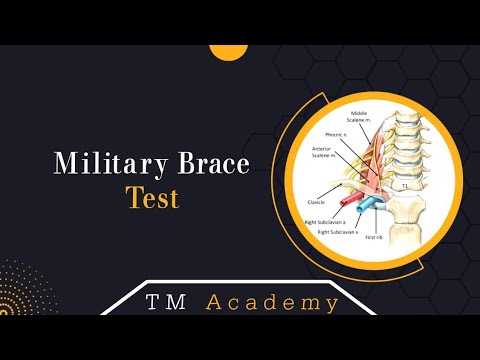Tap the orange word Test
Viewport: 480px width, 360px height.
click(152, 197)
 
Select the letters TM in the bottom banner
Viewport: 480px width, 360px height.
click(167, 302)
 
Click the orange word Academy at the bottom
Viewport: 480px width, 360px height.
click(272, 302)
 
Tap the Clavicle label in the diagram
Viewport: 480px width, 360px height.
click(316, 201)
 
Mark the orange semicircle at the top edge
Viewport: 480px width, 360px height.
click(228, 50)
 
